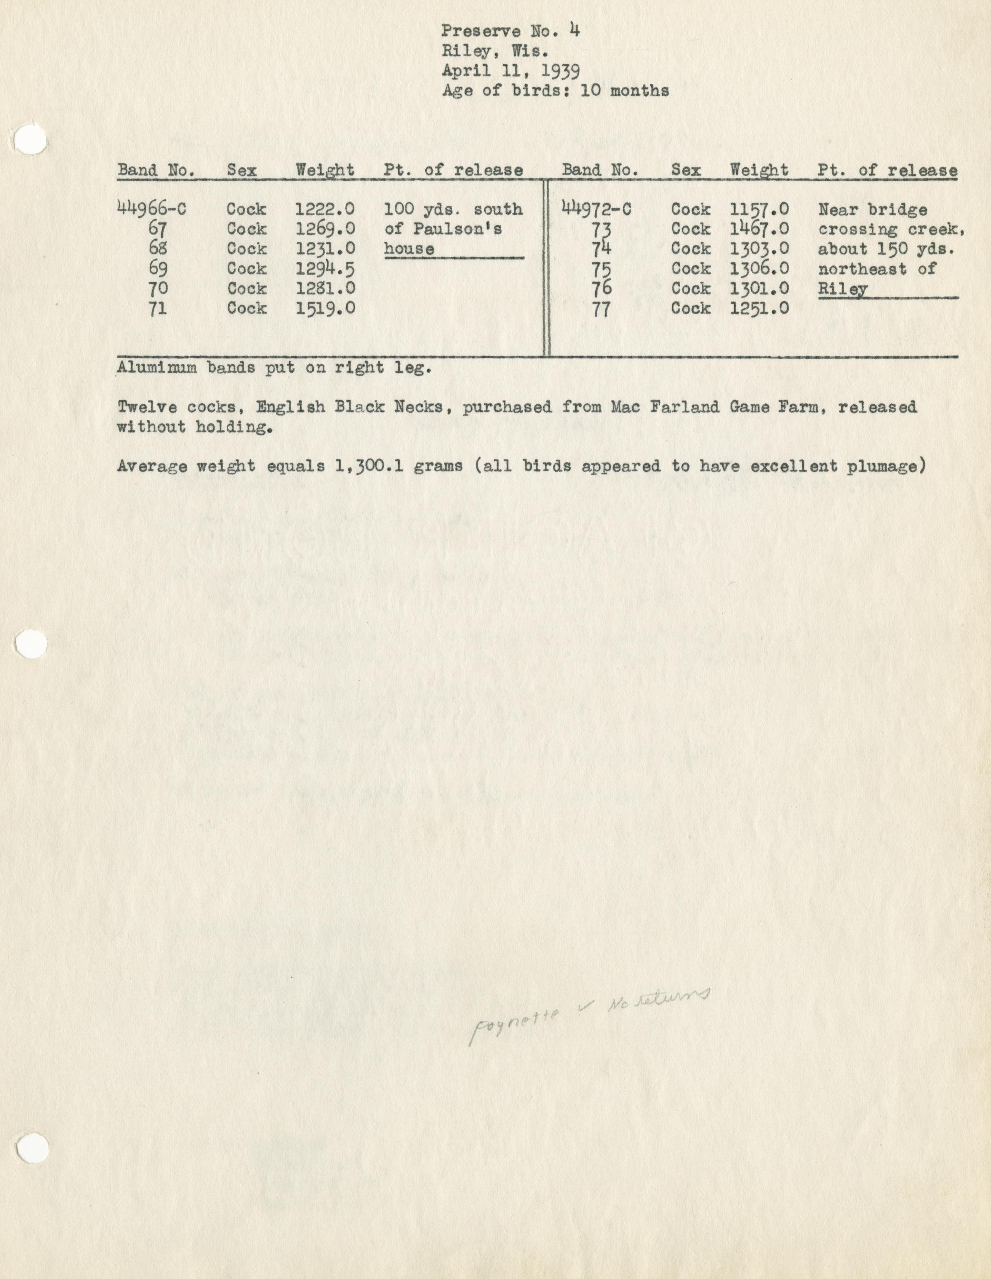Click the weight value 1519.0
pos(325,308)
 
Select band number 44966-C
pos(152,209)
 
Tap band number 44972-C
pos(596,209)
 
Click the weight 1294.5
pos(325,269)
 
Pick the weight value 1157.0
pos(759,209)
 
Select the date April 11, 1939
pos(510,71)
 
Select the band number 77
pos(601,309)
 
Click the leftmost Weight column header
pos(325,170)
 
